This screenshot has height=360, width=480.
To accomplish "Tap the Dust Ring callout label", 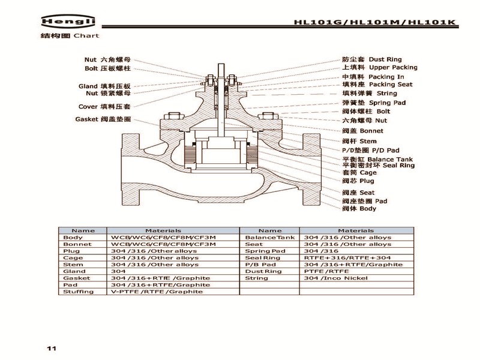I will click(x=371, y=60).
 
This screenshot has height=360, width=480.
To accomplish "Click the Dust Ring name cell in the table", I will click(x=263, y=271).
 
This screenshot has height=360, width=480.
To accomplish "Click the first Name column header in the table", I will click(x=83, y=230).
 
